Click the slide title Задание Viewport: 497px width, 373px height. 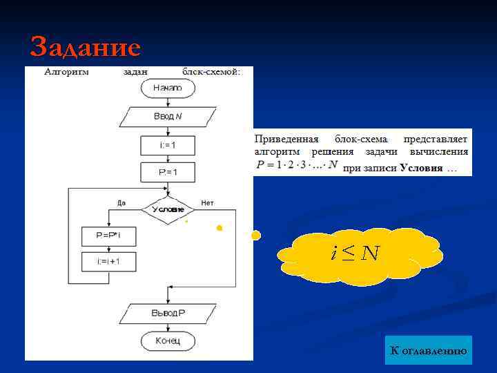tap(86, 47)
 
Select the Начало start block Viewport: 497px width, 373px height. tap(168, 88)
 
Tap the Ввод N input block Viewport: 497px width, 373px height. tap(168, 116)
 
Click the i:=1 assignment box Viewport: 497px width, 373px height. tap(168, 145)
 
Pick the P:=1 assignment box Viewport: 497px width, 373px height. tap(168, 171)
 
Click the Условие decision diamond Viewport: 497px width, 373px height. tap(168, 209)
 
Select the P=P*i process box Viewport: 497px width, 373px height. tap(109, 236)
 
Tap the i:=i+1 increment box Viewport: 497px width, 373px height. tap(109, 262)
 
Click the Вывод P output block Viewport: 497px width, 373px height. tap(168, 313)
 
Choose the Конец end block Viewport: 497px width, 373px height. tap(168, 341)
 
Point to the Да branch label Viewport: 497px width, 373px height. tap(121, 203)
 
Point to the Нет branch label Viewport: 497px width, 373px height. tap(207, 203)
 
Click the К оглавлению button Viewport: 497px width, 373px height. tap(428, 351)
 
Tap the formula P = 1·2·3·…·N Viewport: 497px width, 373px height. tap(297, 165)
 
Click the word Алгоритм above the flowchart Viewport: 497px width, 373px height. tap(66, 71)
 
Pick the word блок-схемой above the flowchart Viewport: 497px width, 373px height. tap(211, 71)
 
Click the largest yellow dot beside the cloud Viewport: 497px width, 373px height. tap(256, 236)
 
